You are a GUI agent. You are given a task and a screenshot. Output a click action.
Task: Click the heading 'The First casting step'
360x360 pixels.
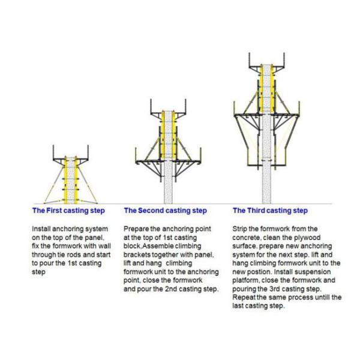pos(68,211)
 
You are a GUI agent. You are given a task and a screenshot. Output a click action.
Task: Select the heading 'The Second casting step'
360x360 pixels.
pos(165,211)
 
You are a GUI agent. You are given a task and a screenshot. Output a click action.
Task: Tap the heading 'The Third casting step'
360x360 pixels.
pos(270,211)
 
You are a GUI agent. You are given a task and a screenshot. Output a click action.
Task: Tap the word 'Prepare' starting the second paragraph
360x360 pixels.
pos(137,229)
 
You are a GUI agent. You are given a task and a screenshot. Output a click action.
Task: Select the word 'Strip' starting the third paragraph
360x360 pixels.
pos(241,229)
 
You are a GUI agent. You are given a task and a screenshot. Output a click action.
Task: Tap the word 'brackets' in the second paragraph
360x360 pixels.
pos(137,254)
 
